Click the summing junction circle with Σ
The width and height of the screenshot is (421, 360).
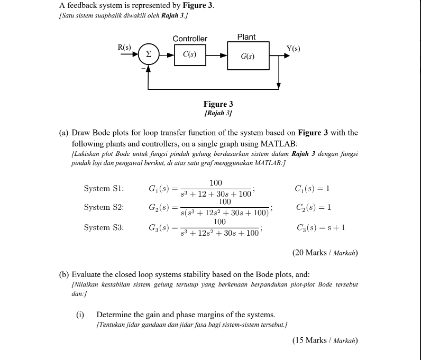tap(149, 54)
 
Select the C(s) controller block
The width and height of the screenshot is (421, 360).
tap(189, 54)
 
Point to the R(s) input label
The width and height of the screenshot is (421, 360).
tap(124, 47)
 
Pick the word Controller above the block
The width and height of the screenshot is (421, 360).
tap(190, 39)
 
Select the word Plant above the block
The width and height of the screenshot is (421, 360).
tap(246, 37)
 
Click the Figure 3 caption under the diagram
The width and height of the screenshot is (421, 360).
tap(218, 104)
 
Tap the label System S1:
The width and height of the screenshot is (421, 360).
tap(104, 189)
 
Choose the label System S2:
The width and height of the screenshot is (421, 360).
tap(104, 207)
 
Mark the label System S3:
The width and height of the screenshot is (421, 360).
tap(104, 227)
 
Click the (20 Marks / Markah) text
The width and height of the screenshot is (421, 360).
tap(325, 253)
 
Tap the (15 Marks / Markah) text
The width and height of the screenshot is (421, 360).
tap(325, 340)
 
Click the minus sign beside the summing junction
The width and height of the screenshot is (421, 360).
tap(141, 67)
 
